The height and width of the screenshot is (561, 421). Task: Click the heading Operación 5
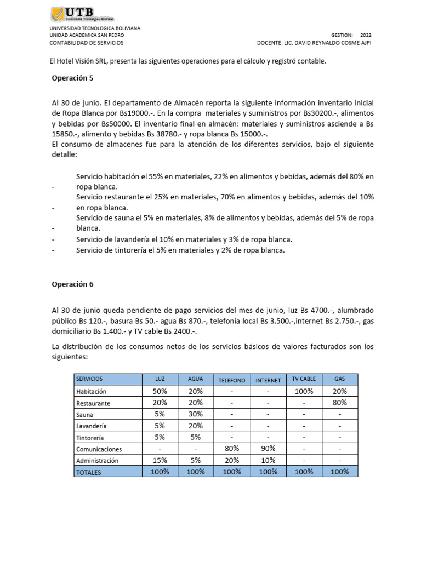72,78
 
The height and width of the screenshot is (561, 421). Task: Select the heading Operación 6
72,284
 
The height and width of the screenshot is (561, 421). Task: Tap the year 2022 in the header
366,35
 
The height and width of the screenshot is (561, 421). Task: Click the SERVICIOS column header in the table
89,379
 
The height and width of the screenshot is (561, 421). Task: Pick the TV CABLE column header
304,379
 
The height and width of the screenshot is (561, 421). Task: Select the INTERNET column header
268,380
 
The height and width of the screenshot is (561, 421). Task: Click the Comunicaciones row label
99,449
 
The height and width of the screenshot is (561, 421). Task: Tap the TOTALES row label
89,472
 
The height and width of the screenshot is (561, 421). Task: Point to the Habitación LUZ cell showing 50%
160,391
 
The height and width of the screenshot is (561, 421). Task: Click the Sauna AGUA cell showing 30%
195,414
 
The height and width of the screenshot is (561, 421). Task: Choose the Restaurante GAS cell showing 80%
339,403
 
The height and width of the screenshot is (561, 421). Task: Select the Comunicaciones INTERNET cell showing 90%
268,449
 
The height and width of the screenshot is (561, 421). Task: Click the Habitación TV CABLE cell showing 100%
304,391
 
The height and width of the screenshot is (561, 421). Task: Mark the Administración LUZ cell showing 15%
160,460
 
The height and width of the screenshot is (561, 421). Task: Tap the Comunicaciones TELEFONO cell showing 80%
232,449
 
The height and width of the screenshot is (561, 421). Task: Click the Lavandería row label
92,426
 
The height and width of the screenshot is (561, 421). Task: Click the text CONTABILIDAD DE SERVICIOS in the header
87,43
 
